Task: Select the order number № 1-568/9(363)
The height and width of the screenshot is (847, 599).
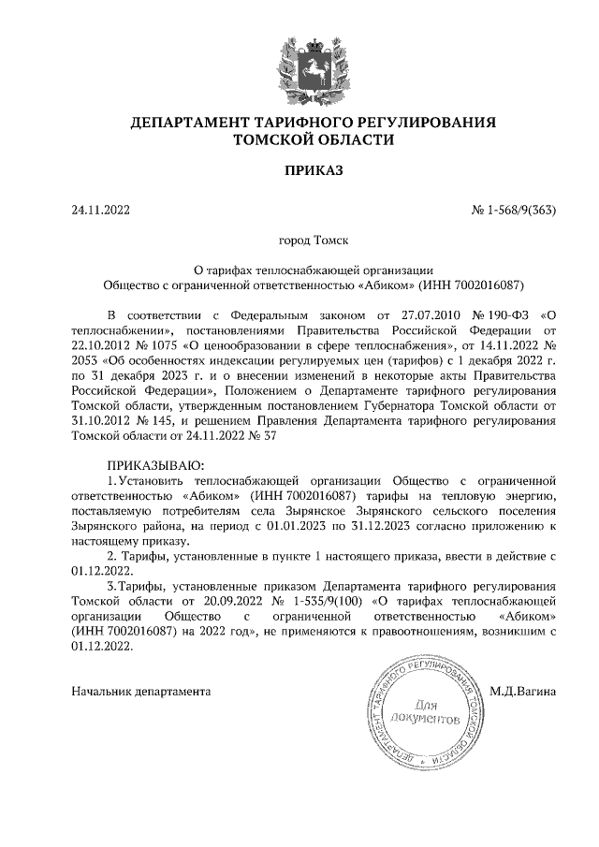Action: click(x=514, y=210)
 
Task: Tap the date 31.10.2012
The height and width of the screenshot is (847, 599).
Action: click(x=103, y=420)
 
